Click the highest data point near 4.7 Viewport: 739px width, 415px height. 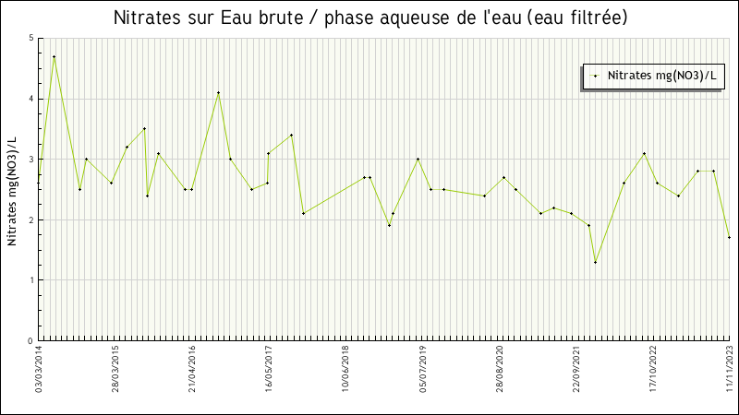[54, 56]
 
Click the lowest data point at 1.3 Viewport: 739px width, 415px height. [595, 262]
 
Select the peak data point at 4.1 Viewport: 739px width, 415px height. [218, 92]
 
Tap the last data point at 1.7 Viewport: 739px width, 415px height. [729, 237]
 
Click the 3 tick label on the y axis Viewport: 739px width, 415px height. [30, 160]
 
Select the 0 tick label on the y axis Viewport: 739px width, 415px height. [30, 341]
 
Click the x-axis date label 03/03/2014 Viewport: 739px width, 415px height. [40, 369]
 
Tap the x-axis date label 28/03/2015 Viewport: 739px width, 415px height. [116, 369]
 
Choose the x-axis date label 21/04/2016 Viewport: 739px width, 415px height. [192, 369]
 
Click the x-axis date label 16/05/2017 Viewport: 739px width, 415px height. [269, 369]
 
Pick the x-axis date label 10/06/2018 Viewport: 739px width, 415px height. [345, 369]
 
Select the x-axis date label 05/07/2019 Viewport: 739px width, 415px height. [422, 369]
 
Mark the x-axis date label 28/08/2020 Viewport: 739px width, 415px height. [500, 369]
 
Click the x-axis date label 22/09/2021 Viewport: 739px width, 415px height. [576, 369]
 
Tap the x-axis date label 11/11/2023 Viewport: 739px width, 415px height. [730, 369]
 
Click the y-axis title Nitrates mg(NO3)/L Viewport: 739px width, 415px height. [12, 191]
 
